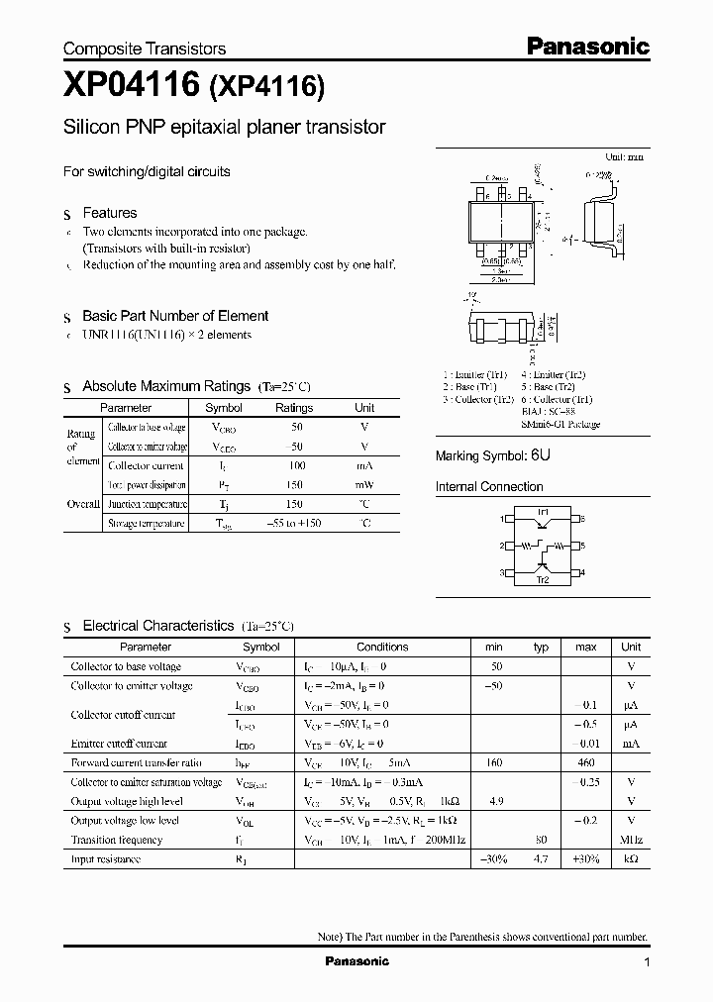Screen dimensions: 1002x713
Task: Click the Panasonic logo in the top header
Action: coord(586,46)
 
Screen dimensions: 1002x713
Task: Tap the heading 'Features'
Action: coord(109,213)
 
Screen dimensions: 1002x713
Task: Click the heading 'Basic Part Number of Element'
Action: coord(175,316)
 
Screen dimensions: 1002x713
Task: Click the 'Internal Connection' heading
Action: coord(489,487)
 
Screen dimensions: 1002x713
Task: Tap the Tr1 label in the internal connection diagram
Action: coord(542,512)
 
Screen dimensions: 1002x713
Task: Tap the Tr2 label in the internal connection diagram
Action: coord(542,580)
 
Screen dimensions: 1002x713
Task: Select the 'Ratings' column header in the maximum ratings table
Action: coord(293,408)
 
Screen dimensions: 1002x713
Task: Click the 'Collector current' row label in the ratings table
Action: coord(145,465)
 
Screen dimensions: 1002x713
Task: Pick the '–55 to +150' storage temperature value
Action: coord(293,524)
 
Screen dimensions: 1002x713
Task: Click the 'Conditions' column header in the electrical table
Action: coord(382,647)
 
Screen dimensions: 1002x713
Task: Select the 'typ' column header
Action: coord(541,647)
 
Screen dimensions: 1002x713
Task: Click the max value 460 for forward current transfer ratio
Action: coord(586,762)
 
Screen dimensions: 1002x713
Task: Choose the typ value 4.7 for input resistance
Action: coord(541,859)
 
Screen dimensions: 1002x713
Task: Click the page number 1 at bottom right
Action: coord(647,962)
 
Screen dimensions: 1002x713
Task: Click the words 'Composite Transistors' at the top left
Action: coord(145,49)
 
